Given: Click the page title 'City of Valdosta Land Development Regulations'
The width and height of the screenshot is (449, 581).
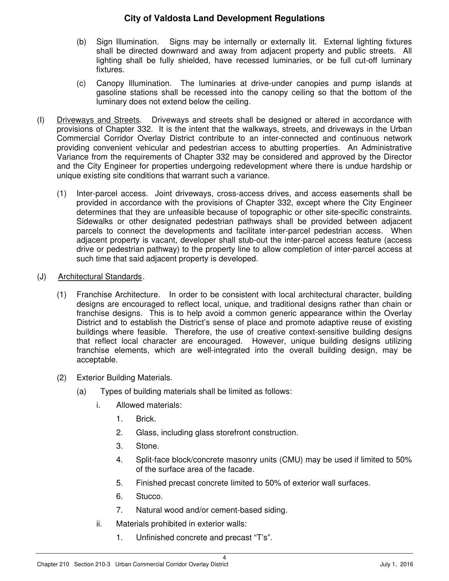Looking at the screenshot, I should (x=224, y=18).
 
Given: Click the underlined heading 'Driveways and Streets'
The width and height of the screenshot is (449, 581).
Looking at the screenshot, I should (x=98, y=120).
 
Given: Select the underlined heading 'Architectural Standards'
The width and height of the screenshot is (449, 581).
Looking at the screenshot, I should (x=100, y=277).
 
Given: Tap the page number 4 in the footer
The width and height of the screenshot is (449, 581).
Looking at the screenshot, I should (x=224, y=557).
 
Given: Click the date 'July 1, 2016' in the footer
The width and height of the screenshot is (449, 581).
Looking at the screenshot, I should (x=397, y=564).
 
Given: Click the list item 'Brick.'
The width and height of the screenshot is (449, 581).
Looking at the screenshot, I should (x=146, y=419).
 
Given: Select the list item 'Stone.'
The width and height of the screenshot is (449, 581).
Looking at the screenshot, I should (x=148, y=446).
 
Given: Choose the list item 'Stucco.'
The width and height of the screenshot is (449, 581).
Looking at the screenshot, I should (x=149, y=496).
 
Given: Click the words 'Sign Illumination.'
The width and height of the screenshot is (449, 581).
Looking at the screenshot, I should (x=127, y=42).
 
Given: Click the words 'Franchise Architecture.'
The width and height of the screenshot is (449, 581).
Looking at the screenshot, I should (x=118, y=294).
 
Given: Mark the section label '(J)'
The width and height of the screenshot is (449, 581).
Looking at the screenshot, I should (x=42, y=277).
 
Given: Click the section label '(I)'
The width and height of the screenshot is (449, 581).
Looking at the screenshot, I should (x=40, y=120).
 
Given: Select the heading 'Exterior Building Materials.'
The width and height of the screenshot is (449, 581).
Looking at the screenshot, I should (x=124, y=378).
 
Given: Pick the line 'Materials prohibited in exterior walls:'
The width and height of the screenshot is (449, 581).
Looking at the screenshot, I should (x=181, y=524).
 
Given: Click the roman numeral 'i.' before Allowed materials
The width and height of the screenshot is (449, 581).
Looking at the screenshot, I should (x=98, y=405).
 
